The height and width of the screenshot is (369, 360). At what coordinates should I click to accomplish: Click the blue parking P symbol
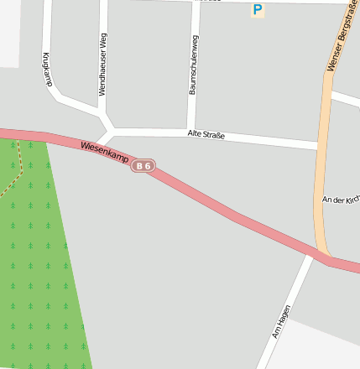coord(258,10)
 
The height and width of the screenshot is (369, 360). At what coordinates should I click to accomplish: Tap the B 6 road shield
coord(143,166)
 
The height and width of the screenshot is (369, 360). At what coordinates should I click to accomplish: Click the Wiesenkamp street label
coord(105,153)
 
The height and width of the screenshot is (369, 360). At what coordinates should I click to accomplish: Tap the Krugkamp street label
coord(47,69)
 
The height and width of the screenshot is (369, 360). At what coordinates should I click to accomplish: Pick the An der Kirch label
coord(341,199)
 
